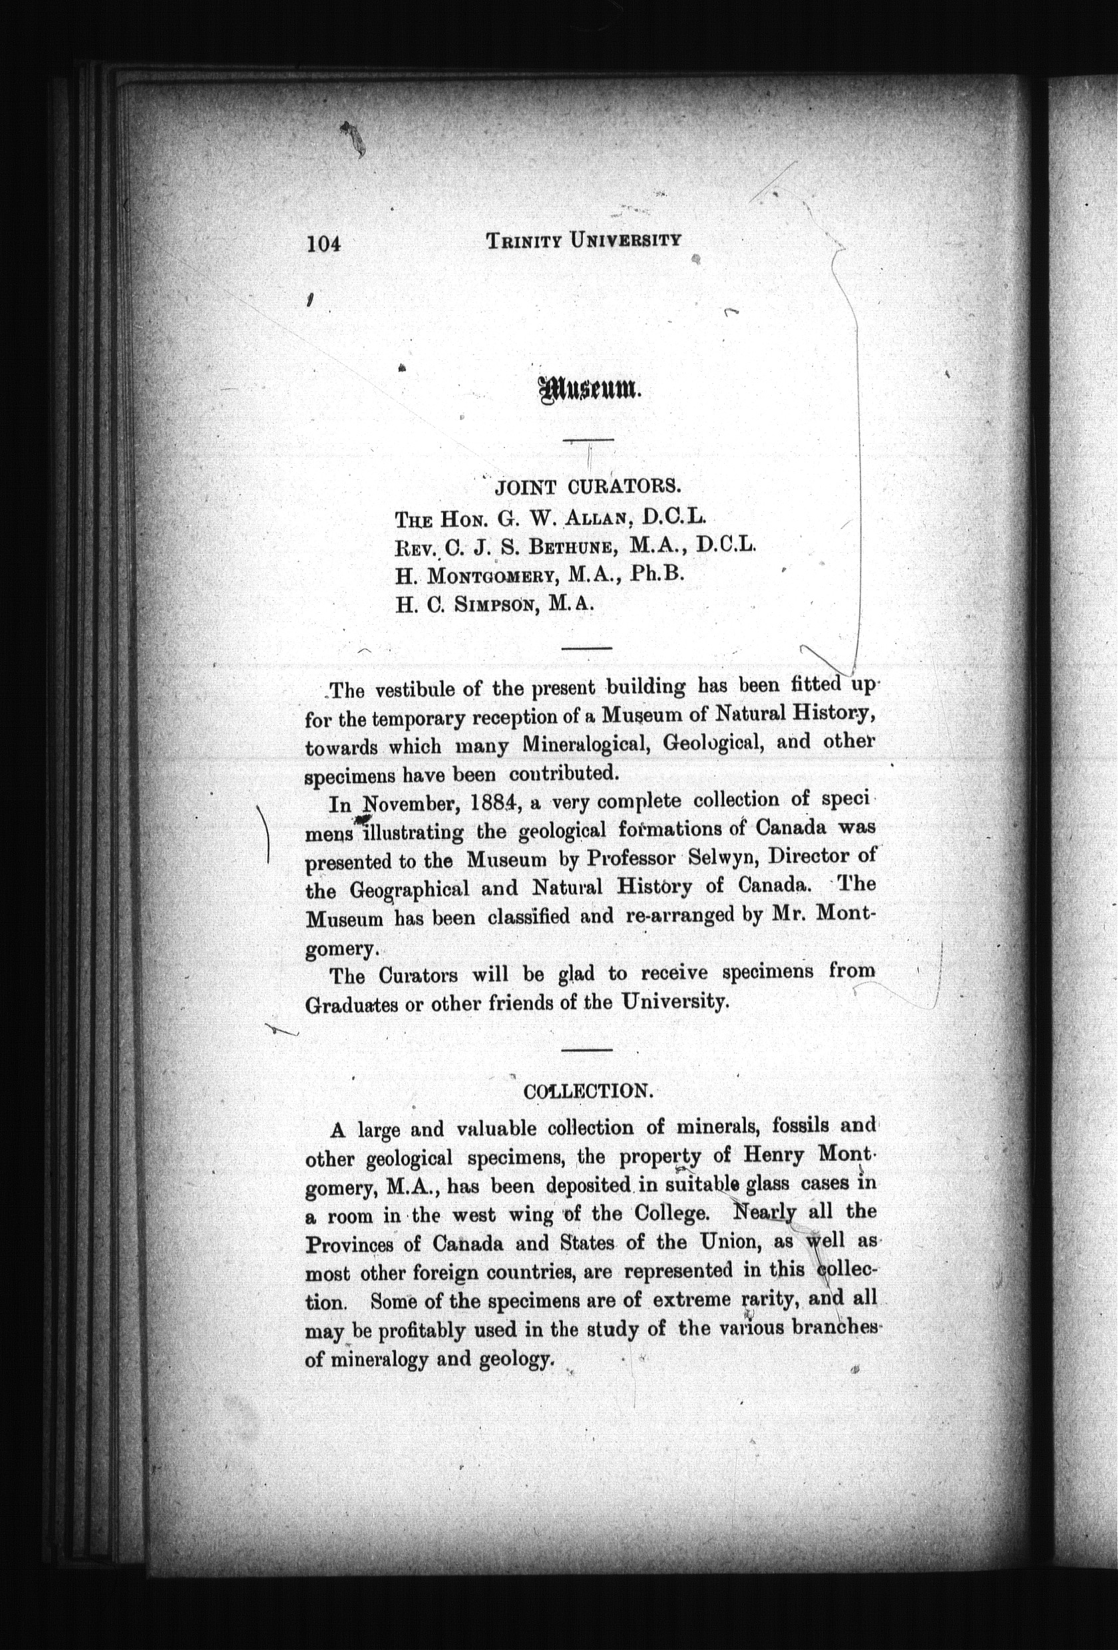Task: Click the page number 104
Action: coord(324,244)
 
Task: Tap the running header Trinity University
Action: coord(583,241)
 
